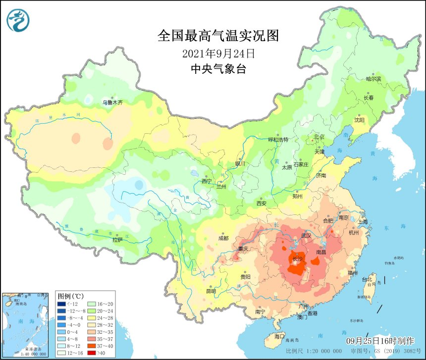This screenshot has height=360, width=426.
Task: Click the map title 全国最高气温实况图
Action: tap(218, 36)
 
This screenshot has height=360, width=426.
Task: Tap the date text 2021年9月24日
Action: tap(218, 52)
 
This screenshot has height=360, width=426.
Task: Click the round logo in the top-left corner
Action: tap(18, 20)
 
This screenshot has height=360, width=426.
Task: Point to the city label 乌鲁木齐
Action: tap(112, 103)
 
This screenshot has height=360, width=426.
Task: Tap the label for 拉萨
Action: tap(117, 240)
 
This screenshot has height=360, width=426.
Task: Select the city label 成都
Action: tap(223, 238)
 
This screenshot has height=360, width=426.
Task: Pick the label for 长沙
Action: tap(298, 259)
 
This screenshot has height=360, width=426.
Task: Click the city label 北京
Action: tap(319, 137)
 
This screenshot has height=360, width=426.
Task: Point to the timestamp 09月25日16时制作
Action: tap(380, 341)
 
